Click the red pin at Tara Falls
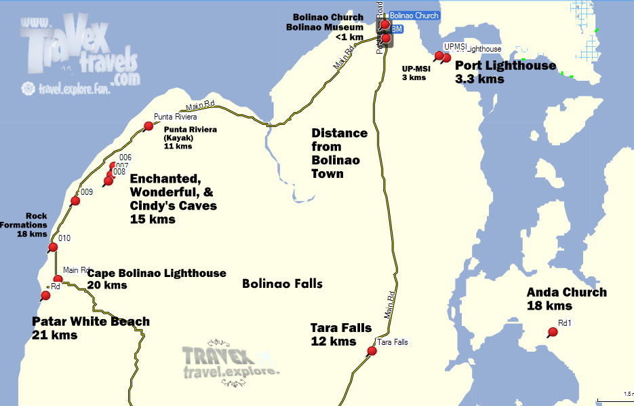pos(372,351)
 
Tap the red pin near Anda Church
pos(553,332)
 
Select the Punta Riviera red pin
pos(148,126)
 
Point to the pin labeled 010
pos(53,247)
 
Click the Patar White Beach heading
pos(91,322)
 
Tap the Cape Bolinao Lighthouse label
pos(157,273)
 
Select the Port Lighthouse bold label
pos(505,66)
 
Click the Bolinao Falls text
pos(282,284)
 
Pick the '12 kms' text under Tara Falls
pos(334,342)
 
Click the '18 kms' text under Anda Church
pos(550,306)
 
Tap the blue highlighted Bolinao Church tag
pos(414,15)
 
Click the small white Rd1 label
pos(565,323)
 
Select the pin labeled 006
pos(113,165)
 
